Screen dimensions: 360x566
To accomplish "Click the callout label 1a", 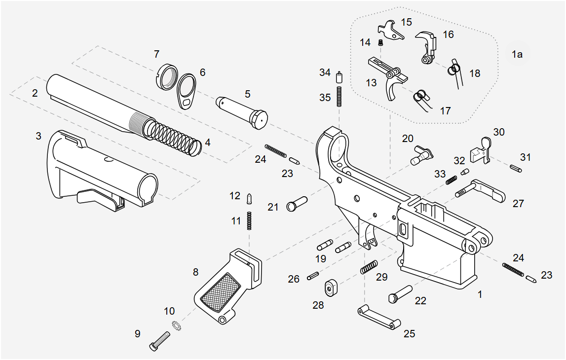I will pos(517,54).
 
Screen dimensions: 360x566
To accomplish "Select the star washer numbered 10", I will pos(176,325).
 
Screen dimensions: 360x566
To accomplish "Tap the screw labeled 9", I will pos(159,341).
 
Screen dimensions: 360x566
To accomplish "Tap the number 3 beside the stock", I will pos(38,136).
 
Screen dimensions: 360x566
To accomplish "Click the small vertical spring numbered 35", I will pos(340,96).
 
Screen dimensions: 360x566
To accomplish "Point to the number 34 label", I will pos(325,72).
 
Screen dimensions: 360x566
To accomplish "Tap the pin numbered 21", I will pos(296,203).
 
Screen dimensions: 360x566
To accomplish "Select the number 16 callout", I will pos(448,35).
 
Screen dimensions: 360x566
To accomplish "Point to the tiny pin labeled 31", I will pos(515,168).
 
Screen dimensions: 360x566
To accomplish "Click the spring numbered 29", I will pos(369,267).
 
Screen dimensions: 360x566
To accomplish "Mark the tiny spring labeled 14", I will pos(380,43).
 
